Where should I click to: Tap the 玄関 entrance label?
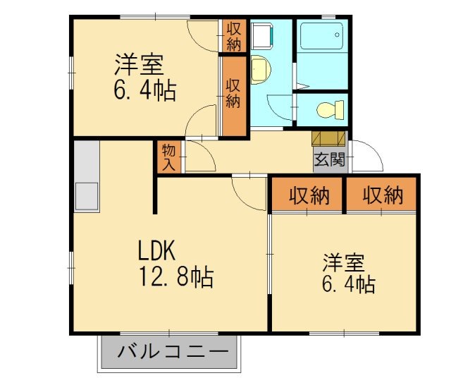330,159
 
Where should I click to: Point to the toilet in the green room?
329,110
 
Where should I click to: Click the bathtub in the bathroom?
321,35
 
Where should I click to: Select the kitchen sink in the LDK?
87,194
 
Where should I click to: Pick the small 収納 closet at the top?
234,36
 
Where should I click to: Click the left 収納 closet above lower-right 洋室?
308,195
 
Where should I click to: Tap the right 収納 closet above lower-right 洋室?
383,195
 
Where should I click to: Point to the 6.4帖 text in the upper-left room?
145,91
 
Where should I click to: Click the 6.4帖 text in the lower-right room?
349,285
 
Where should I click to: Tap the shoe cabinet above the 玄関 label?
329,138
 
